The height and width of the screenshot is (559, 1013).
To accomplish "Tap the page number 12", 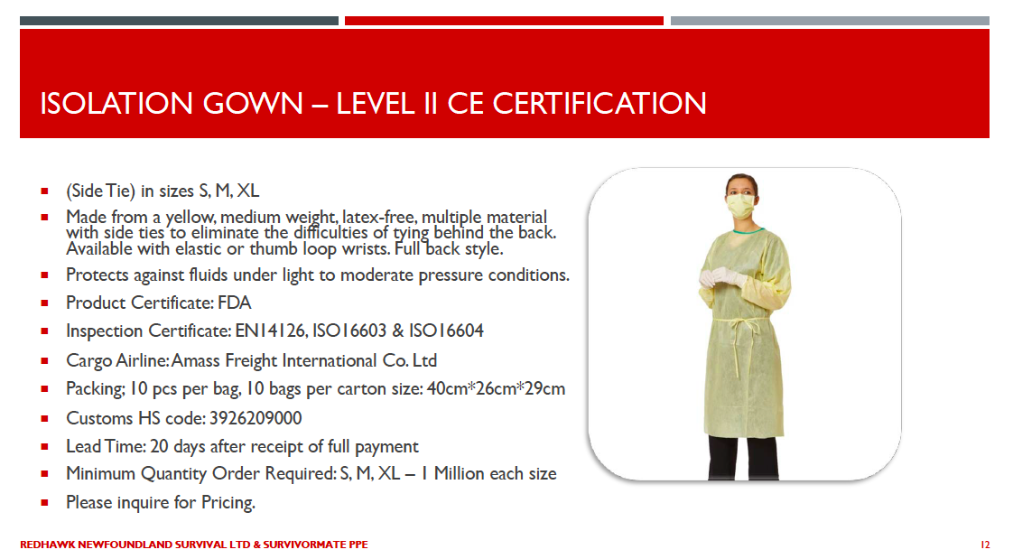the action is tap(985, 545).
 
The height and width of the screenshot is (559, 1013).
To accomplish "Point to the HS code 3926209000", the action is tap(256, 418).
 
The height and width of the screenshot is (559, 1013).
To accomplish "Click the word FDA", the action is tap(235, 303).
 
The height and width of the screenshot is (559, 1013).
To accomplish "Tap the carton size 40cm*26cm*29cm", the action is tap(496, 389).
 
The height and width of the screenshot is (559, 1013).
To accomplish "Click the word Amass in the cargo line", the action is tap(194, 360).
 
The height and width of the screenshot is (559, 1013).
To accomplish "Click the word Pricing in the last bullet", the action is tap(228, 503).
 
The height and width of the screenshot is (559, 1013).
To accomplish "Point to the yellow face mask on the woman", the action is tap(740, 207).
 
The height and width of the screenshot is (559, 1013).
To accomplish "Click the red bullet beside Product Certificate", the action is tap(44, 303).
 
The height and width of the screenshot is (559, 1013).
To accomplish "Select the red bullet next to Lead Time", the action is tap(44, 446).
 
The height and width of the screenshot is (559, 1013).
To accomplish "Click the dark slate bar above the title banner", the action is tap(179, 21).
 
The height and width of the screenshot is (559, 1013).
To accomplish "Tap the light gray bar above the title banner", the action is tap(830, 21).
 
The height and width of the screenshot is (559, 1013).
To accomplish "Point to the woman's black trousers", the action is tap(743, 458).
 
